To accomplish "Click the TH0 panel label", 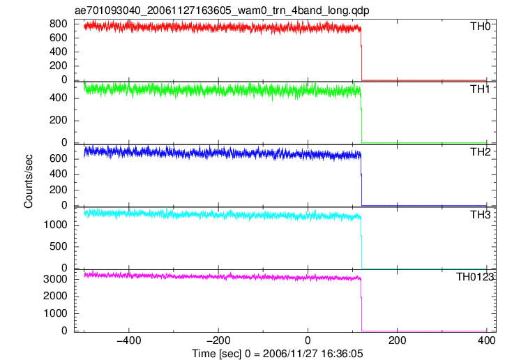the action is [480, 27].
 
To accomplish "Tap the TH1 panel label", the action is [480, 89].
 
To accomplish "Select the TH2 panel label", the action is [480, 152].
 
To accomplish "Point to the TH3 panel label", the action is [480, 214].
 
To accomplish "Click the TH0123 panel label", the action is [475, 277].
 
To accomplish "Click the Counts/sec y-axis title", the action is [29, 181].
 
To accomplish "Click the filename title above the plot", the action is [222, 10].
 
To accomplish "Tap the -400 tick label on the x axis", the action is [129, 340].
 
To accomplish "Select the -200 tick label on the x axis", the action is [218, 340].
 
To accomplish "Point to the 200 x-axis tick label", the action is [397, 340].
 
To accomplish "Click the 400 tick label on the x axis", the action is [486, 340].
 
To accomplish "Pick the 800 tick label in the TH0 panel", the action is [59, 24].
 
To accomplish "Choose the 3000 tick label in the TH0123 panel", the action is [55, 279].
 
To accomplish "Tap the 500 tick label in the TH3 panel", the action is [59, 247].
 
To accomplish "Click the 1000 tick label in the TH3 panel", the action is [55, 225].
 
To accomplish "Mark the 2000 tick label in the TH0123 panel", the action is [55, 297].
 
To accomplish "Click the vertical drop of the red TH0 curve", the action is [361, 54].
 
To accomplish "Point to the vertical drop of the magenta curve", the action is [361, 305].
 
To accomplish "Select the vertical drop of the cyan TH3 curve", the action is [361, 243].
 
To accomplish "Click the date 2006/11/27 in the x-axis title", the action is [290, 354].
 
